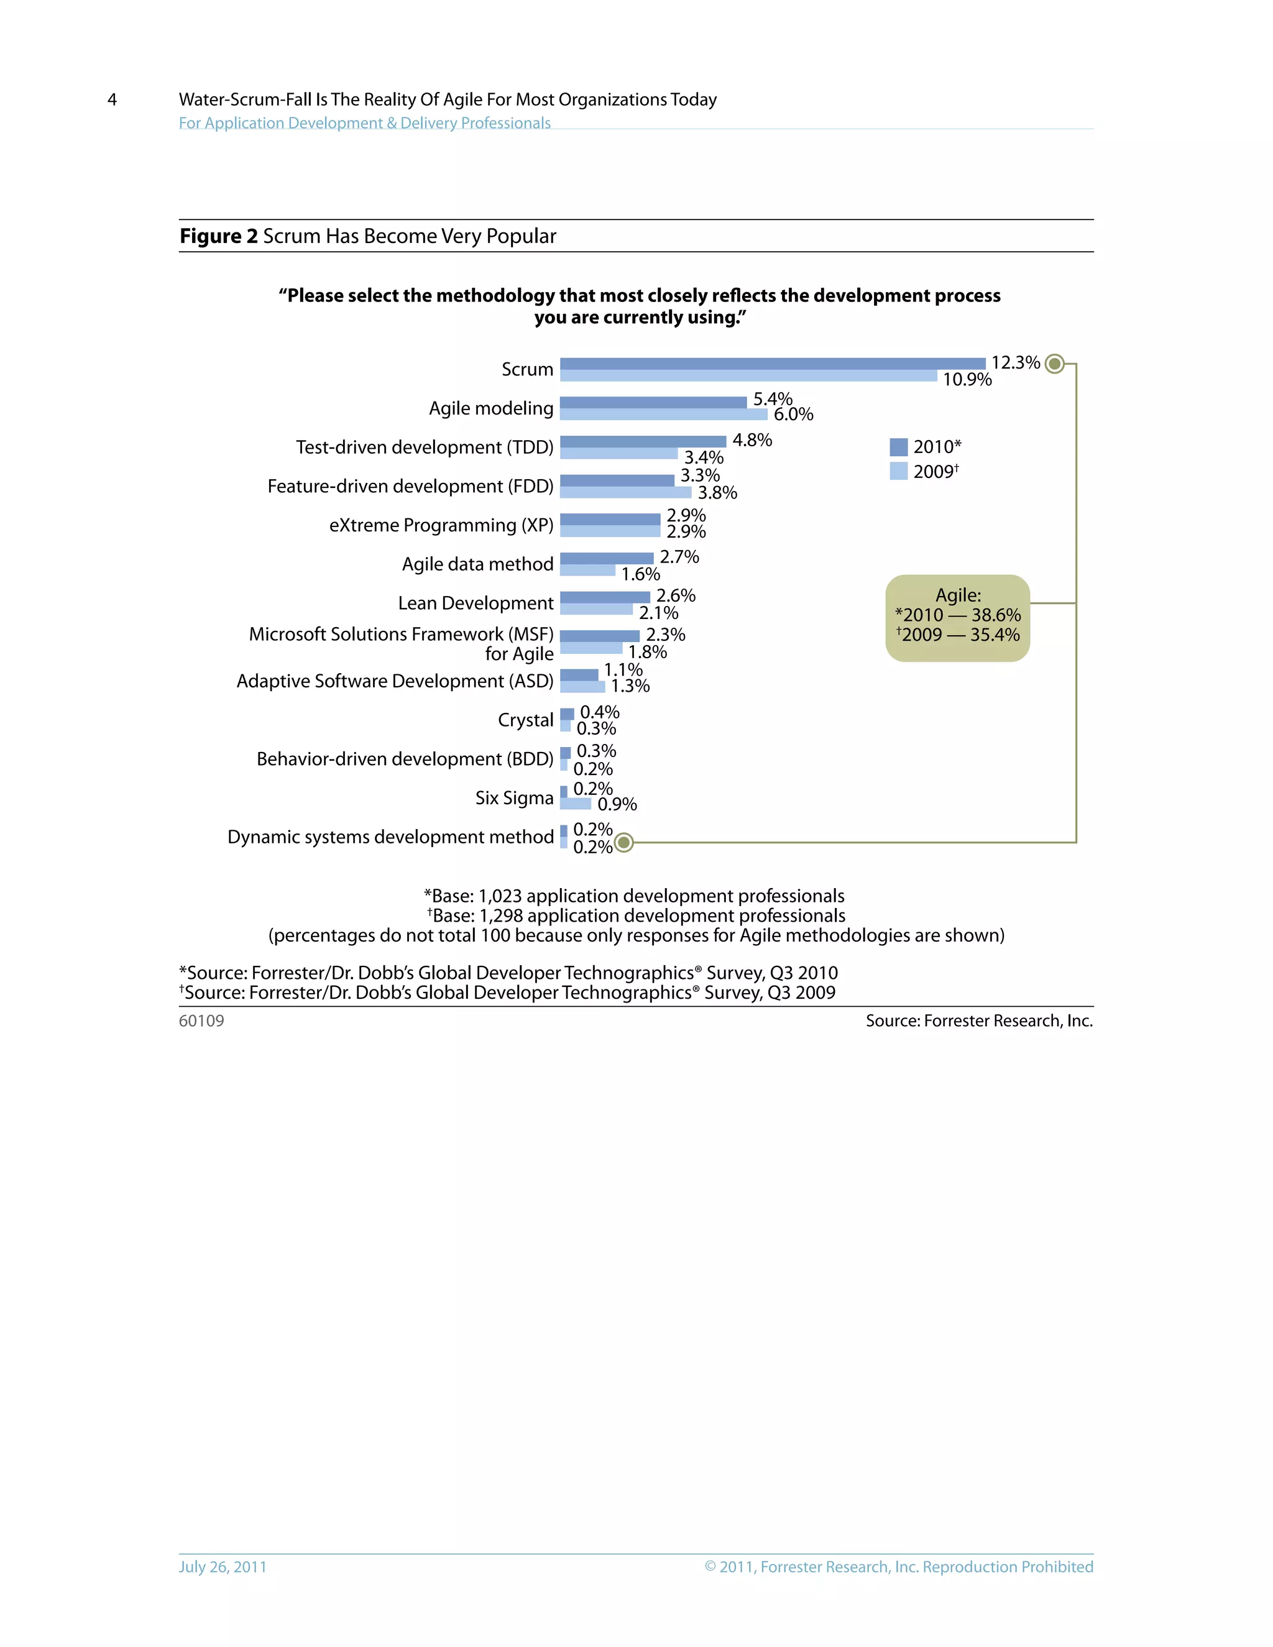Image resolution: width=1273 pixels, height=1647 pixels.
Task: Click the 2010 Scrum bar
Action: (772, 364)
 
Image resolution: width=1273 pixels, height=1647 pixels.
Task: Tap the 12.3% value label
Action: (1015, 363)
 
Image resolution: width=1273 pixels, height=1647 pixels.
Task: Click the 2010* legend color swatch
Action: (898, 447)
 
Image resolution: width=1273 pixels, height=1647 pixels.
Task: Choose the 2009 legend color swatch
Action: (898, 471)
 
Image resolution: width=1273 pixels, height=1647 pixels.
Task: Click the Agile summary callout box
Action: (957, 618)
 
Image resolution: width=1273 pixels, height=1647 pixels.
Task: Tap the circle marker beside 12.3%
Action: (1055, 364)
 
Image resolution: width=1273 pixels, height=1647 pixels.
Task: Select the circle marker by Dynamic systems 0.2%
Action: (623, 842)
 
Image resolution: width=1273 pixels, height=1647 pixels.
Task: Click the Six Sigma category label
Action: (514, 798)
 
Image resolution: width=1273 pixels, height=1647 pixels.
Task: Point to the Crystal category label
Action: (526, 720)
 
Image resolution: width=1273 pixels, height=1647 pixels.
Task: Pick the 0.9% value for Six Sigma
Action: (617, 805)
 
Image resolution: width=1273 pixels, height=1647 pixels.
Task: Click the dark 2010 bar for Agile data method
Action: (606, 558)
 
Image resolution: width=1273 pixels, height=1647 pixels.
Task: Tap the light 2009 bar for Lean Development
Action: (595, 609)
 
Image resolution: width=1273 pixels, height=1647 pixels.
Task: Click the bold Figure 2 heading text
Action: (219, 236)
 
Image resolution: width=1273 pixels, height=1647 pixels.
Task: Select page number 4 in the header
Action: (113, 99)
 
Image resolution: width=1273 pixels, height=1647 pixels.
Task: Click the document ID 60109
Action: (201, 1021)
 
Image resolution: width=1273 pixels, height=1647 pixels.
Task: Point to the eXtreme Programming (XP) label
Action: (441, 525)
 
